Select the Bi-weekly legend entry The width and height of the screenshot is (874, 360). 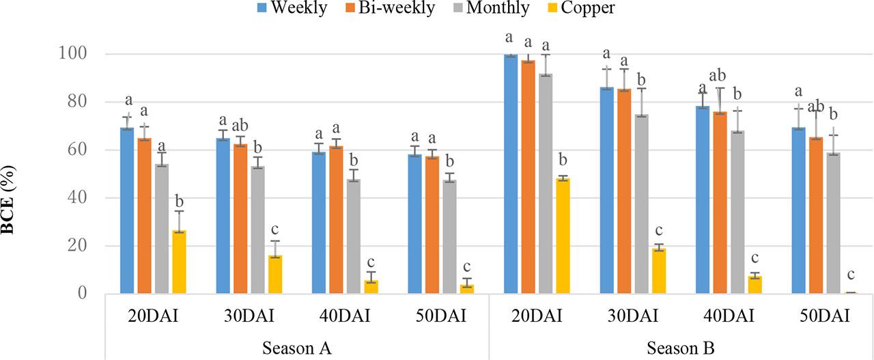coord(393,8)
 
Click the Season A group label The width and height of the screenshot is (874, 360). coord(297,348)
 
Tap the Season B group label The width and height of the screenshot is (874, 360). coord(680,348)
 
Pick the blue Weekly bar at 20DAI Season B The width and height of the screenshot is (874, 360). coord(511,174)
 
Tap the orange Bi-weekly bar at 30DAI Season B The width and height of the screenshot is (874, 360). coord(623,191)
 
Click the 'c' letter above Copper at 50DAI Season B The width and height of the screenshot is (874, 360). coord(849,275)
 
